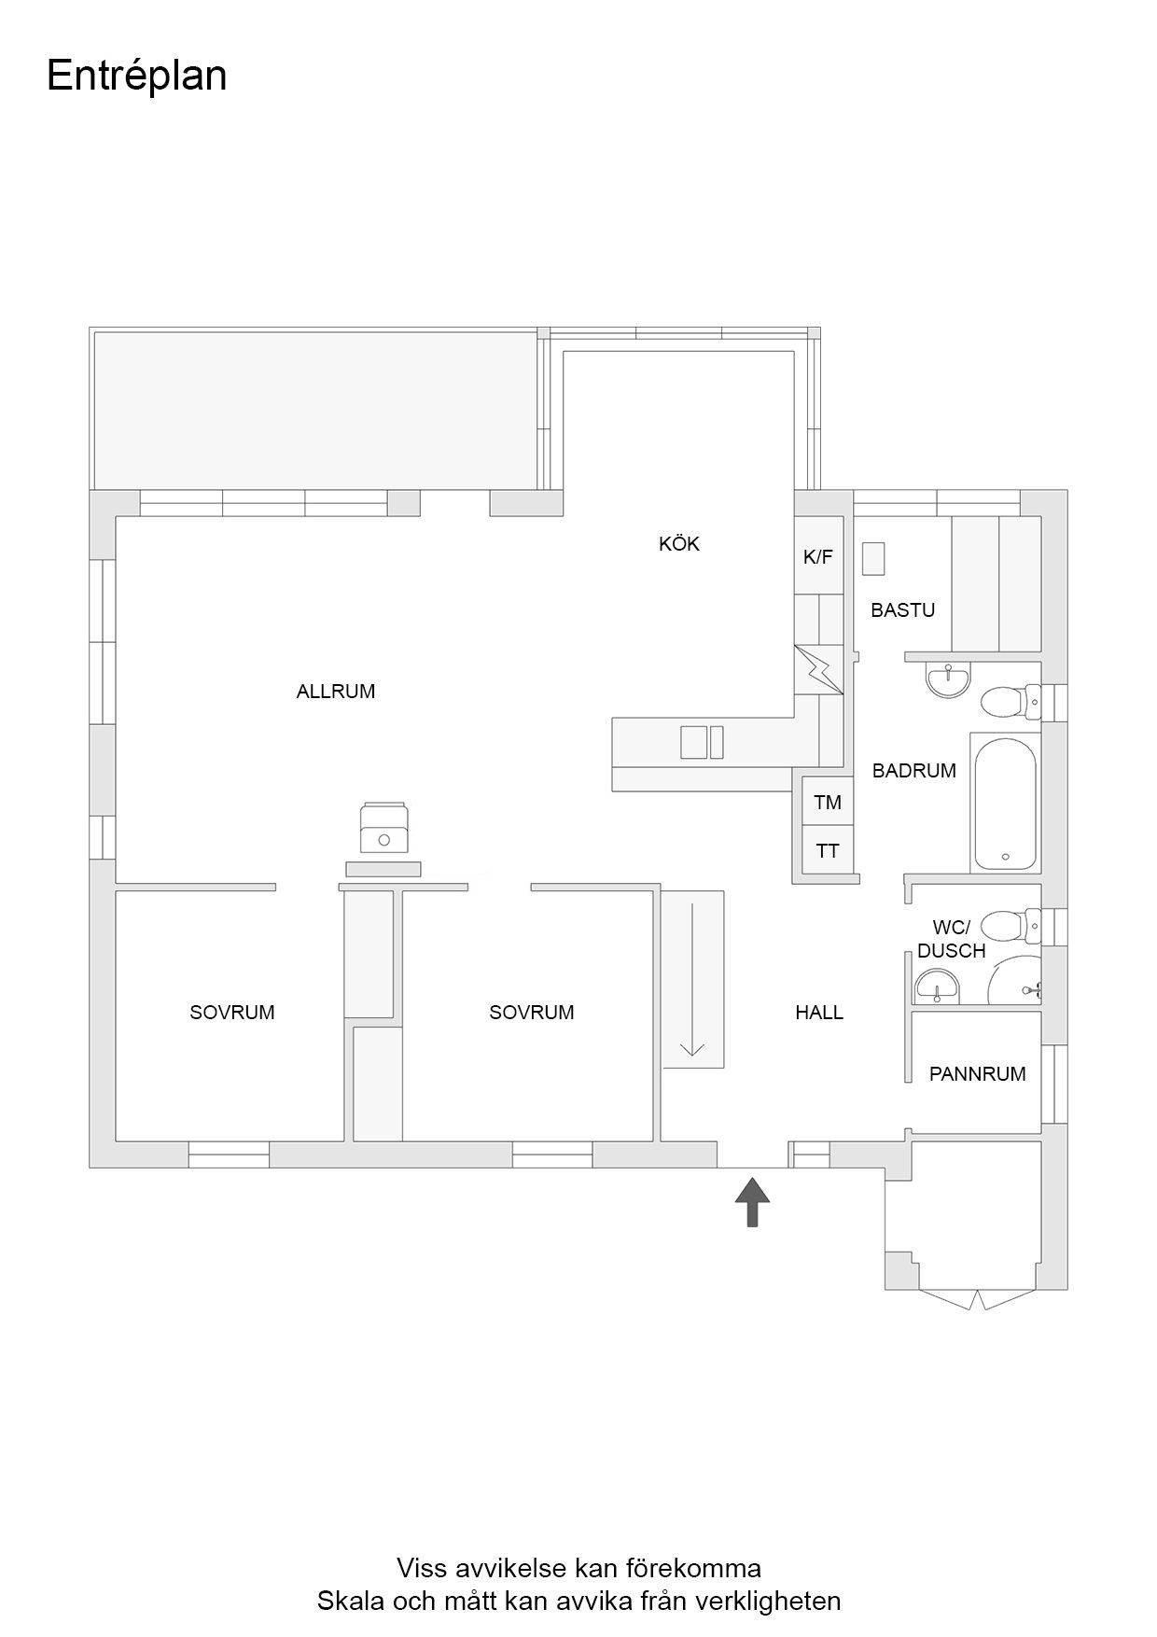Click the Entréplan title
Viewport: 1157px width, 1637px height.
tap(136, 77)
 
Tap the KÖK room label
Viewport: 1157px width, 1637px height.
tap(679, 543)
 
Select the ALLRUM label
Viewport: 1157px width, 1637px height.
tap(336, 692)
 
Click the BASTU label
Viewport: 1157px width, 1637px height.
tap(903, 610)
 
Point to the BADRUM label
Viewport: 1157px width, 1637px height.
tap(914, 771)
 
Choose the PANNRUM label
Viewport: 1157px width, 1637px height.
tap(978, 1074)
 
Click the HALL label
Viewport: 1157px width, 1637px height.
tap(819, 1013)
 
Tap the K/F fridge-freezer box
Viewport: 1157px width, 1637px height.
tap(818, 557)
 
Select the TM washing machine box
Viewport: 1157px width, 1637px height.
tap(828, 802)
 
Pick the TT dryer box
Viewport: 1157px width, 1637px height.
tap(828, 850)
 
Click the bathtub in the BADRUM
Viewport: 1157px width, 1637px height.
tap(1005, 802)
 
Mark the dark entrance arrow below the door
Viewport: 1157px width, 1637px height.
tap(752, 1201)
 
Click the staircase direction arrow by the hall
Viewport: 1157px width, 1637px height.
tap(692, 979)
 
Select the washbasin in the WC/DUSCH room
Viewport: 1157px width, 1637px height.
tap(938, 986)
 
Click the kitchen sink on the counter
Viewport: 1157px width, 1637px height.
tap(703, 742)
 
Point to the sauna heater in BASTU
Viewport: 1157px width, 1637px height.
tap(873, 559)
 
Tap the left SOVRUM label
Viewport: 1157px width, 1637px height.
tap(232, 1013)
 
